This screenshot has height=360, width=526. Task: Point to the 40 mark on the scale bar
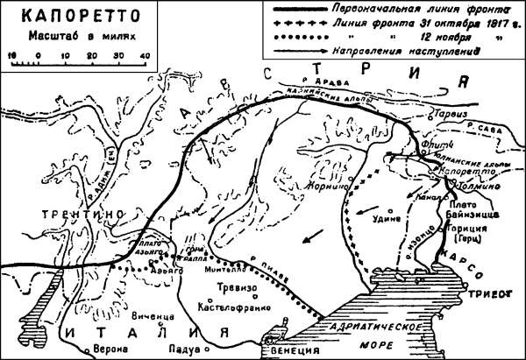pos(144,56)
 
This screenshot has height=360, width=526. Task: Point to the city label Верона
pos(103,346)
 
